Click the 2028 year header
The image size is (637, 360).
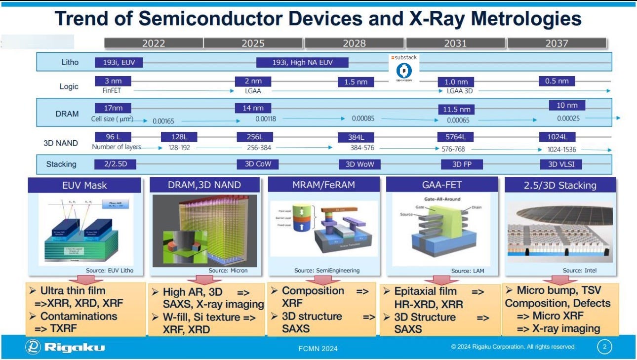(354, 43)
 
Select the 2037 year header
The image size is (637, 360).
(557, 43)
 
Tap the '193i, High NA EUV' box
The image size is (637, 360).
(302, 62)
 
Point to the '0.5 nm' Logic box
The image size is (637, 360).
(557, 81)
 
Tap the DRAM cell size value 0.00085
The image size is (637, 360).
(363, 119)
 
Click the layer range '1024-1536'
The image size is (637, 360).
(561, 149)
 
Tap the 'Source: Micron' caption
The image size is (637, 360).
(228, 270)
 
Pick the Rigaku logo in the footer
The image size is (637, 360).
(66, 347)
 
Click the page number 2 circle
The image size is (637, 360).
(604, 347)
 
